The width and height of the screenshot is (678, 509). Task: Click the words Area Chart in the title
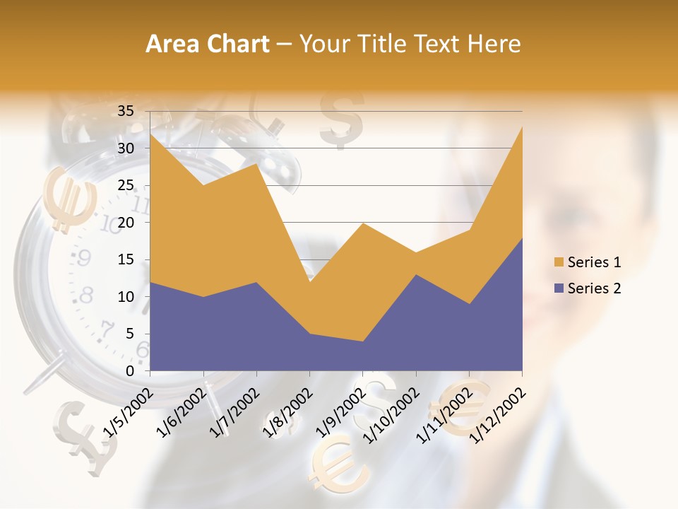coord(208,45)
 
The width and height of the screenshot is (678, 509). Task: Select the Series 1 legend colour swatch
coord(559,262)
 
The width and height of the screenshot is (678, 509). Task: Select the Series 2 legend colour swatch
coord(559,288)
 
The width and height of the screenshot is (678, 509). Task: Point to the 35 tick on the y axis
coord(126,111)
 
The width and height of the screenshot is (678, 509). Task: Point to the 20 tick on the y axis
coord(126,223)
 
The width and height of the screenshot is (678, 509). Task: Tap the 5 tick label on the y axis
coord(130,334)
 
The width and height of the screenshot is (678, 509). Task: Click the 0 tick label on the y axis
coord(130,371)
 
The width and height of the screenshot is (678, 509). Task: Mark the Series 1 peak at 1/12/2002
coord(522,127)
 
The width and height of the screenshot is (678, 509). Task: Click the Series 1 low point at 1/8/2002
coord(309,282)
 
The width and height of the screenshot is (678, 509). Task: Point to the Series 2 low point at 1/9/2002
coord(362,341)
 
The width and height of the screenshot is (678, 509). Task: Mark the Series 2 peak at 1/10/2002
coord(416,274)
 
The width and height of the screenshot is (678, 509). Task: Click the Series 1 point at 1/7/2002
coord(256,163)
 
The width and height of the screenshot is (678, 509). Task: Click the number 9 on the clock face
coord(83,258)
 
